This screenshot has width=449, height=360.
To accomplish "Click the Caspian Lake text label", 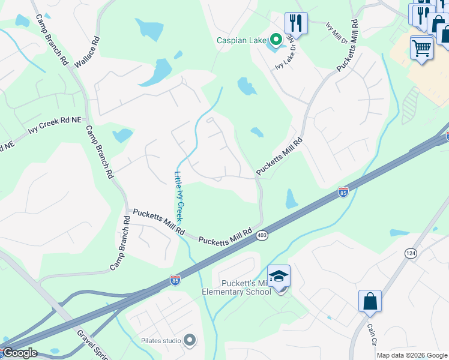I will point(241,41).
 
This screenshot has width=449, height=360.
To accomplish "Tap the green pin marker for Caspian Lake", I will point(276,40).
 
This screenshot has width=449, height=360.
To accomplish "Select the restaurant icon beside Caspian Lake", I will point(296,23).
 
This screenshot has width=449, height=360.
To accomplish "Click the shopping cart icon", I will point(422,47).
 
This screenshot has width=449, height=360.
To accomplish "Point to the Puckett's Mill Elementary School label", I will point(247,288).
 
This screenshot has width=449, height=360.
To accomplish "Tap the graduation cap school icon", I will point(279,277).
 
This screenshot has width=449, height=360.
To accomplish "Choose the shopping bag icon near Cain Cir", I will point(370,301).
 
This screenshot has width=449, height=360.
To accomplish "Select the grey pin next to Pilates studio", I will point(190,341).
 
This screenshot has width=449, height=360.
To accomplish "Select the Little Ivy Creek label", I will point(178,197).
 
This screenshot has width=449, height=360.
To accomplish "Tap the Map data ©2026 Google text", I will point(412,355).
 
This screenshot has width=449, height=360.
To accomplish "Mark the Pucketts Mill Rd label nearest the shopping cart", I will point(348,47).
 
